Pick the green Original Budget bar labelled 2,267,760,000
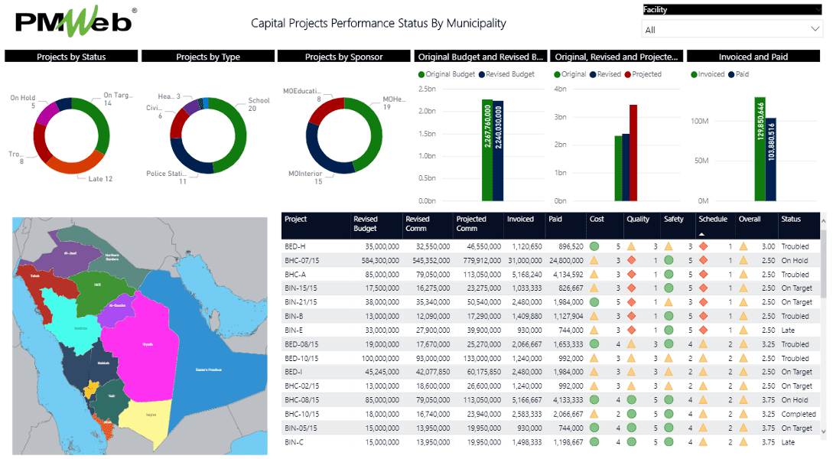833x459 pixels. click(487, 150)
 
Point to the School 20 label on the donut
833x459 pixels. click(259, 105)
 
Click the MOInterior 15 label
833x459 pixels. click(305, 177)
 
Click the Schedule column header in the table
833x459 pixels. click(713, 219)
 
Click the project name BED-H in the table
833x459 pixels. click(295, 246)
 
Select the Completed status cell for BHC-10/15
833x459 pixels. click(798, 414)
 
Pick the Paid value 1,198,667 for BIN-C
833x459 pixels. click(565, 442)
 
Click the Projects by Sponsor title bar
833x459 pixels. click(343, 57)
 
